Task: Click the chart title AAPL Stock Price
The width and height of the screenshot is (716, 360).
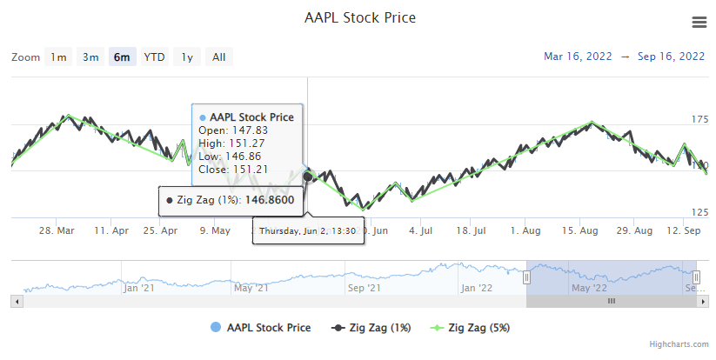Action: click(360, 17)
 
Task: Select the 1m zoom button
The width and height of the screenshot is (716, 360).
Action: click(58, 57)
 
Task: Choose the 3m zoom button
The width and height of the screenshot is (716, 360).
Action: click(90, 57)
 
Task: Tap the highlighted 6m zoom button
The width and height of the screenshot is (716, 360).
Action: click(123, 57)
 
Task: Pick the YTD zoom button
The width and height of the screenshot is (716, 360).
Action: click(155, 57)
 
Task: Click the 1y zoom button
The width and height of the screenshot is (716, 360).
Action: click(187, 57)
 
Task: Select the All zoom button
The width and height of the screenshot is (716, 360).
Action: click(219, 57)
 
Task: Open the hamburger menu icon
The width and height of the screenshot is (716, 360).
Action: click(699, 22)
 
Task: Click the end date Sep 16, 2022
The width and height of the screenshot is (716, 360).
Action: click(671, 57)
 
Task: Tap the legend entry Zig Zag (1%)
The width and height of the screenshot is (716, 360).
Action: click(375, 328)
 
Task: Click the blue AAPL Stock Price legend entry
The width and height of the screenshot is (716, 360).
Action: click(268, 328)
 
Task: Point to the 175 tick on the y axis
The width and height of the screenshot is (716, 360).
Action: click(699, 119)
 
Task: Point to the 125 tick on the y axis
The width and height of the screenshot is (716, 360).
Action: click(699, 212)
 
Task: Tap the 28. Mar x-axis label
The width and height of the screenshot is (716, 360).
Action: click(57, 230)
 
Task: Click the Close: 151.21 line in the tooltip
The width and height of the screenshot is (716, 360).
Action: click(233, 169)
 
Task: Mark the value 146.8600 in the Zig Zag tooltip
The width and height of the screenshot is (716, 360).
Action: click(269, 200)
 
